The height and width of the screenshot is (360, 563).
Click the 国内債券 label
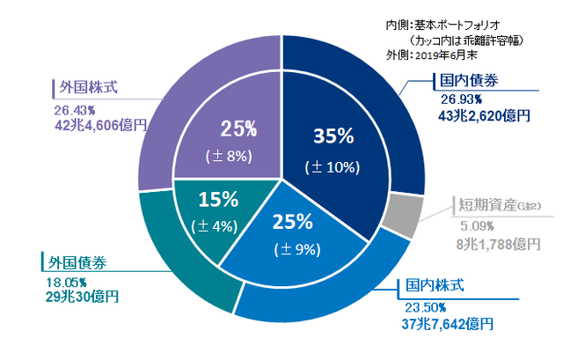[x=469, y=81]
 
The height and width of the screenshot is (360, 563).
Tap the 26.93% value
[x=459, y=99]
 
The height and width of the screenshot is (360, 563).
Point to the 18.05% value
[x=62, y=282]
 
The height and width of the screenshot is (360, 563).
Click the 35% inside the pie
[x=333, y=136]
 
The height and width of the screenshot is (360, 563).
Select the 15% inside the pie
[x=216, y=197]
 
